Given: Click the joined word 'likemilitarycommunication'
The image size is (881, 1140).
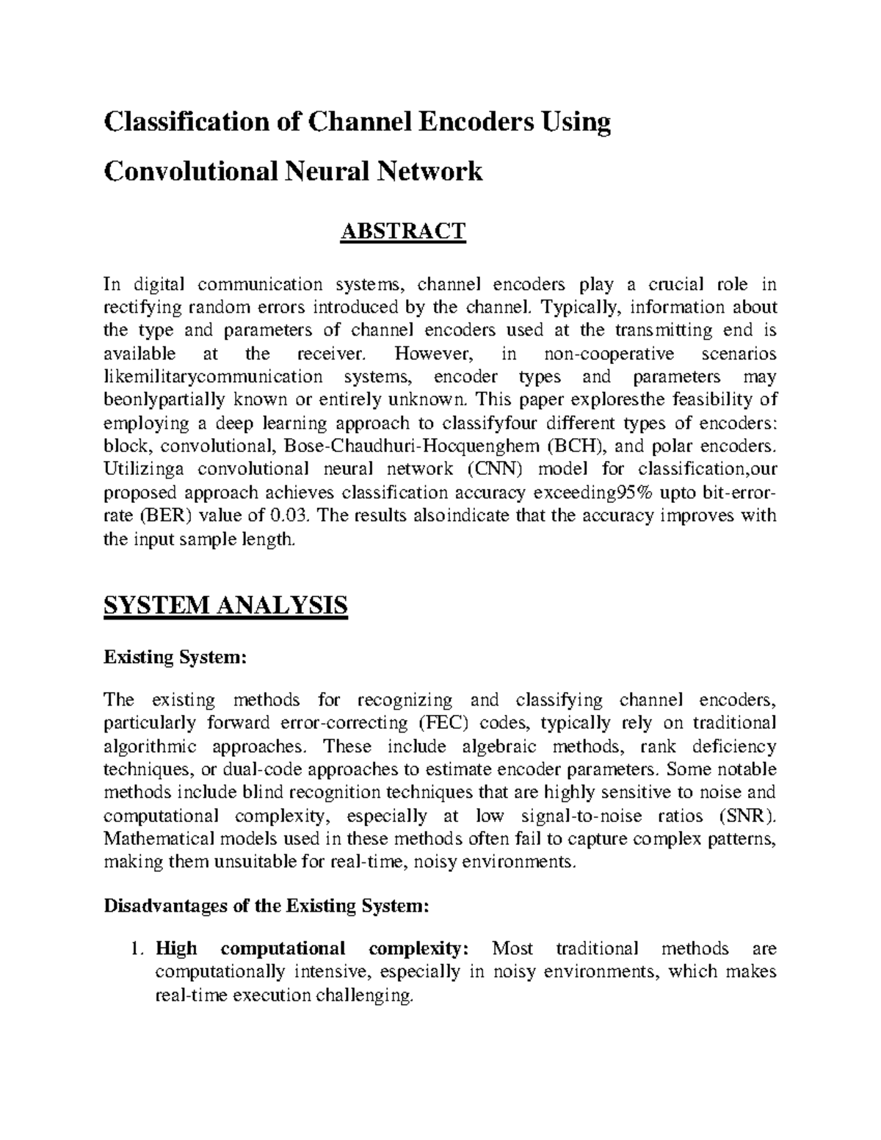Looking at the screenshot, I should pos(213,377).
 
